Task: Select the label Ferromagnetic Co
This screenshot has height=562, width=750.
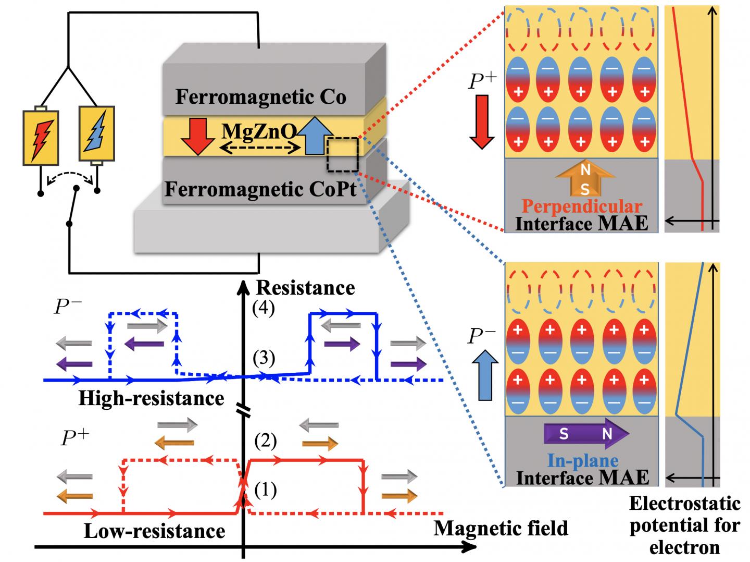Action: point(260,97)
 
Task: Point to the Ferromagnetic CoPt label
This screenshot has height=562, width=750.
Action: point(260,189)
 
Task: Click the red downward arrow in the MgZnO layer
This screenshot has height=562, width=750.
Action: point(198,137)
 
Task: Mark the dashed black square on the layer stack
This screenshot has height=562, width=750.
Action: point(342,154)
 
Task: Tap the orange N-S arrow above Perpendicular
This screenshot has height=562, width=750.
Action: point(585,179)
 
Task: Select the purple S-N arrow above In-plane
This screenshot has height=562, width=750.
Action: point(586,433)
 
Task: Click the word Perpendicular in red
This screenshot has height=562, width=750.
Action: point(581,206)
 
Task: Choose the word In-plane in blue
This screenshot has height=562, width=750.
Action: point(582,460)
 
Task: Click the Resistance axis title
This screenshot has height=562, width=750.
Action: point(305,287)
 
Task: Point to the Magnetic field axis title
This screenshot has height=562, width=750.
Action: point(501,528)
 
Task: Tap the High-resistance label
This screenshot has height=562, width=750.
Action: point(151,398)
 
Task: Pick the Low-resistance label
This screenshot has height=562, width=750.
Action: point(154,531)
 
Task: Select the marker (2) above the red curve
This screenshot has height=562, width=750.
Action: point(265,441)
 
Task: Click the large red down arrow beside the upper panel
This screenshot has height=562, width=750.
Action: point(482,122)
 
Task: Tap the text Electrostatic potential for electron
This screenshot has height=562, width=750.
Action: point(684,525)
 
